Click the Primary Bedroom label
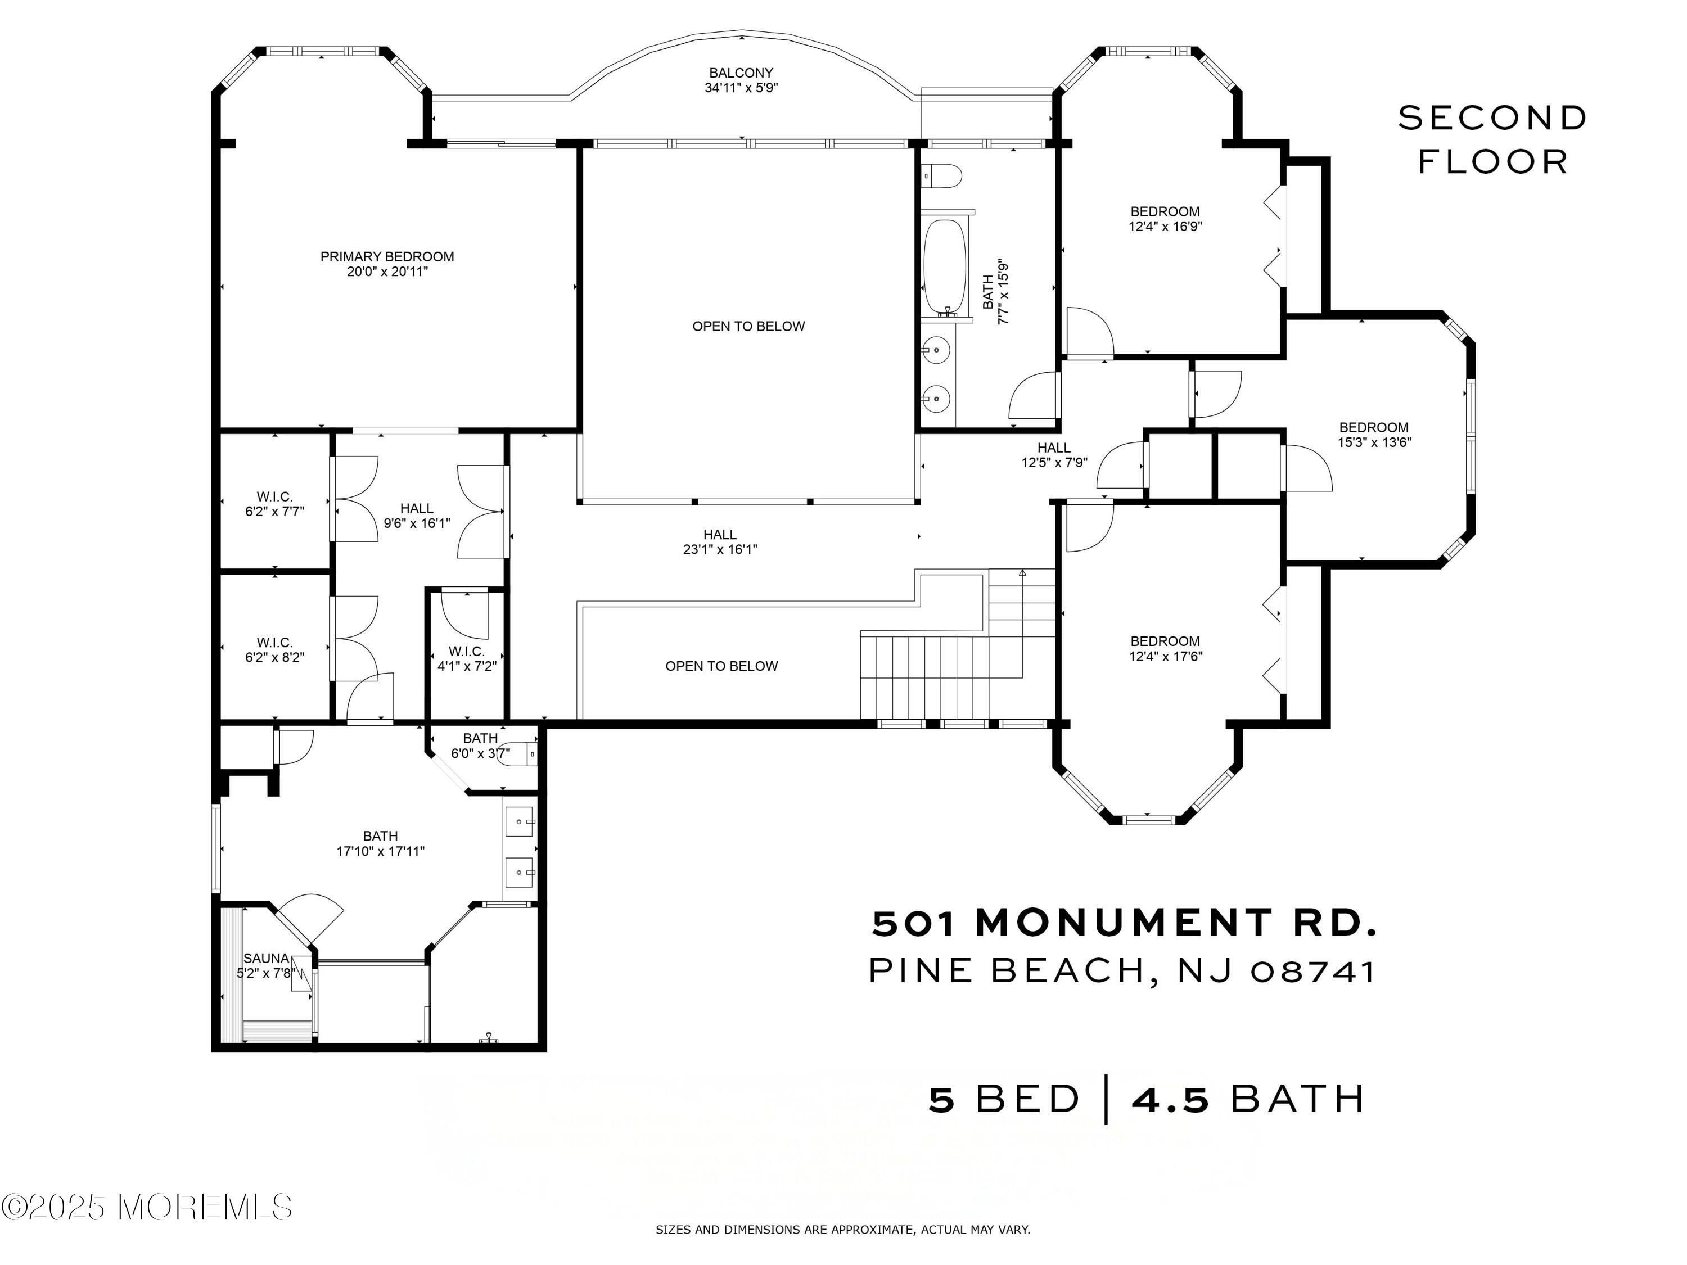point(387,264)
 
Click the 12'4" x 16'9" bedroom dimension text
point(1165,227)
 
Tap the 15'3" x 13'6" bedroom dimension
point(1374,442)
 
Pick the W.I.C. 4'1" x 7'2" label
point(467,659)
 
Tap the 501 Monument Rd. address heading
point(1125,923)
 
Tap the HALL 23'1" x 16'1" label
point(720,542)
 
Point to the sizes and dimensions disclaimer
point(843,1229)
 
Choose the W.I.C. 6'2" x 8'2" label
point(274,650)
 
